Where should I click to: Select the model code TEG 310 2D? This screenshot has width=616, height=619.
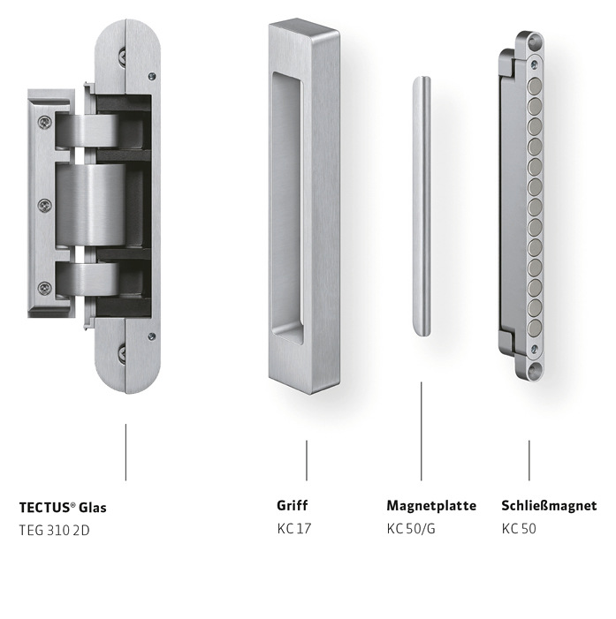[55, 530]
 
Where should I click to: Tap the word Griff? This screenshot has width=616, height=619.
[293, 506]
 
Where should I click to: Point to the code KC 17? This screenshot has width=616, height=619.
[294, 529]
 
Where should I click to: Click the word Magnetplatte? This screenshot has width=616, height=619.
[431, 506]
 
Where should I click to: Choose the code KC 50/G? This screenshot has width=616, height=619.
[411, 529]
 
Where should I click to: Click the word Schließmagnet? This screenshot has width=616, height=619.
[549, 506]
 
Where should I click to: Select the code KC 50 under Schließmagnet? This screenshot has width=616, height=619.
[519, 529]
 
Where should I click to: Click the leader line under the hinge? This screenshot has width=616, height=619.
[125, 451]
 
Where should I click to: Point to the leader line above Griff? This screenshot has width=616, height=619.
[307, 459]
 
